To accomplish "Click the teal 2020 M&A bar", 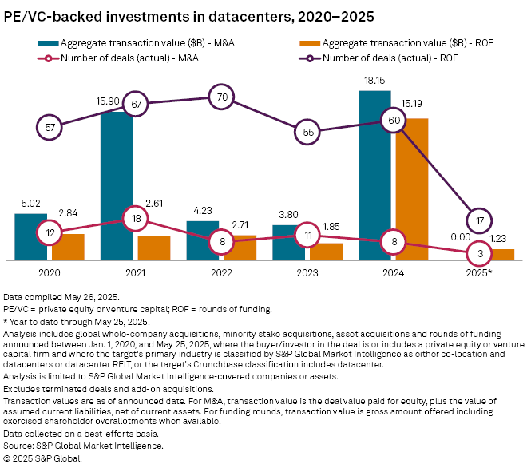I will click(x=30, y=236).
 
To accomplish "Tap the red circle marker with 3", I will click(x=479, y=252).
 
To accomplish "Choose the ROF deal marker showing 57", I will click(x=50, y=126).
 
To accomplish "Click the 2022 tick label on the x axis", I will click(x=220, y=273).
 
